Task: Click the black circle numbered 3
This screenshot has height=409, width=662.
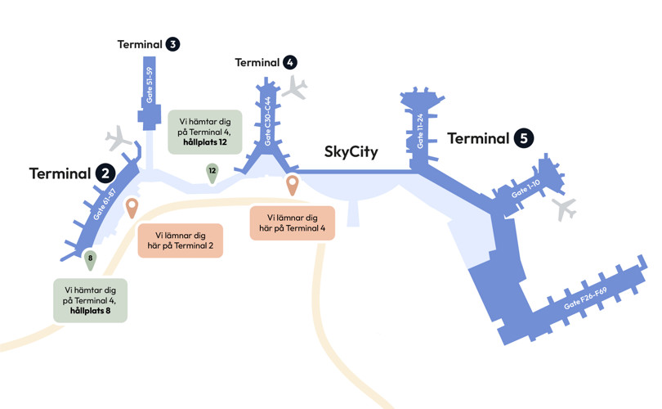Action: point(172,44)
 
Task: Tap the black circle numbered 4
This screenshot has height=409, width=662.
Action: point(290,62)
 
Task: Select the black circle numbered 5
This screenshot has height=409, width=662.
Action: point(524,138)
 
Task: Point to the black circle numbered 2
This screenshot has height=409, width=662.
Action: point(105,173)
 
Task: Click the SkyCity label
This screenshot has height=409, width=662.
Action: point(351,151)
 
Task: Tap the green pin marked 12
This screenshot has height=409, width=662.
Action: point(212,172)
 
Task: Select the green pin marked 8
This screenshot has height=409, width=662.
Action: point(90,260)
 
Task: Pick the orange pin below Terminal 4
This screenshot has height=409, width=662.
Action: point(292,185)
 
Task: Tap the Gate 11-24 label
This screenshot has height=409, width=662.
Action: point(421,129)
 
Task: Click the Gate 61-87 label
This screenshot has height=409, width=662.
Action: point(104,205)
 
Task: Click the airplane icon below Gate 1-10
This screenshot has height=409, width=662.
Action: point(564,209)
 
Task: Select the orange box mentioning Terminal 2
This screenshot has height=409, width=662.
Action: point(181,240)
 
